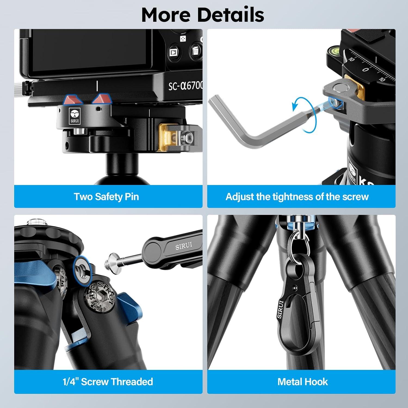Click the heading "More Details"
click(x=203, y=15)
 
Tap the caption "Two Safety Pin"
click(x=106, y=197)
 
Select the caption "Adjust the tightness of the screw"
click(x=297, y=197)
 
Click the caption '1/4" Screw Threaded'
click(x=108, y=382)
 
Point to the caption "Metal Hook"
click(x=302, y=382)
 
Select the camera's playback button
click(x=173, y=52)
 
